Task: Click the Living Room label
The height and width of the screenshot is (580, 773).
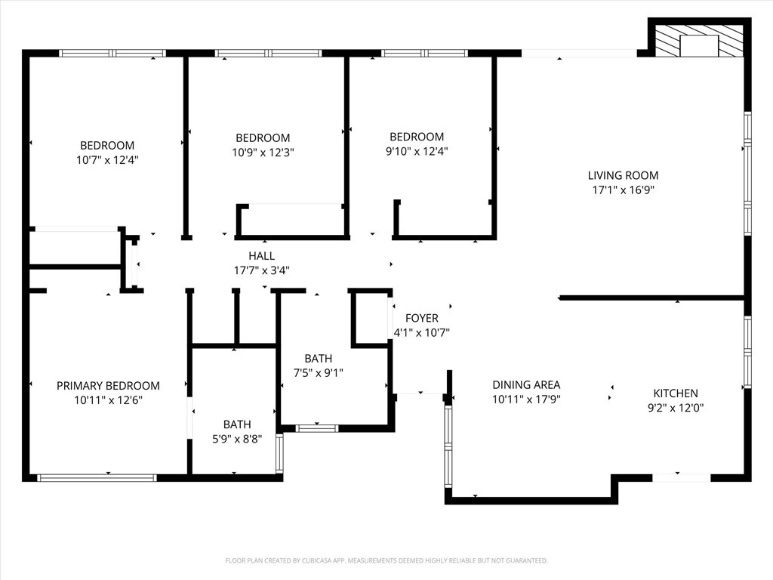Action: point(623,175)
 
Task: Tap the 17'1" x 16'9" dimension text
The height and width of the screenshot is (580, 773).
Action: point(623,190)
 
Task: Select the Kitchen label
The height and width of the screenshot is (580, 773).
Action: point(675,393)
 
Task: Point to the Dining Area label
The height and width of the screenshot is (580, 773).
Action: point(526,384)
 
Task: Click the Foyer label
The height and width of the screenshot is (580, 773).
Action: point(421,318)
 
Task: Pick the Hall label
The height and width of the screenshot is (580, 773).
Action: point(261,256)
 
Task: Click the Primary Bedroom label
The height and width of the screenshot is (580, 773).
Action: point(108,385)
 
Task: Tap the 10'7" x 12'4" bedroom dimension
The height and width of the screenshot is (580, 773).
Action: point(107,160)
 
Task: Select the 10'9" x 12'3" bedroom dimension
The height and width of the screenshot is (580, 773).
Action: point(263,152)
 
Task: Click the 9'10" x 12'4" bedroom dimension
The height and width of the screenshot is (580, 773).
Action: point(417,151)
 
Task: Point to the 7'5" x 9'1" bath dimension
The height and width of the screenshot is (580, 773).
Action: point(318,372)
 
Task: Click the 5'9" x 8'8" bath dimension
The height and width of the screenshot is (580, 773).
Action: point(237,438)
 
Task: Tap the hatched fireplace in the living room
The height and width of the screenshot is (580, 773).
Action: point(698,42)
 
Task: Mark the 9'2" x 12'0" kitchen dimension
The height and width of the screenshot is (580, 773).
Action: point(675,408)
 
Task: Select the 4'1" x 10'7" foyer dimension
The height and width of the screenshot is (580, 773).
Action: point(421,332)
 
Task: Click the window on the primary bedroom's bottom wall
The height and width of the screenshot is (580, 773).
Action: point(97,477)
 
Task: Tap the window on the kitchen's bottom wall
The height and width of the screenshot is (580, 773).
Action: point(681,477)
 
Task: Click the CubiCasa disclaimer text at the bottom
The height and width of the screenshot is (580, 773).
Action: point(386,560)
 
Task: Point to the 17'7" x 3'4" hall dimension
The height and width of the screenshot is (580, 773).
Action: point(261,270)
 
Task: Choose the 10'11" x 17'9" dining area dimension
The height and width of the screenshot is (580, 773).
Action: point(526,399)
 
